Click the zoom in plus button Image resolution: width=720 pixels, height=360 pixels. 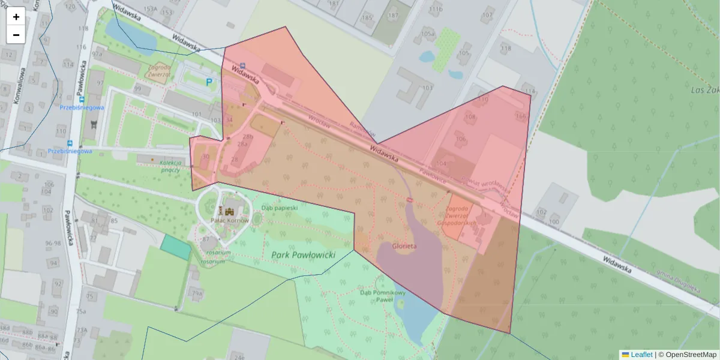[16, 17]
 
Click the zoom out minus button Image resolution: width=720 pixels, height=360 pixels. [16, 35]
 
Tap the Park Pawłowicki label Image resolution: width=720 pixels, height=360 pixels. [311, 255]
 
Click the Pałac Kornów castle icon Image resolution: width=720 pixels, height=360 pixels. [229, 211]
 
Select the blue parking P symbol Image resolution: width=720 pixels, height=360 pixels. [209, 82]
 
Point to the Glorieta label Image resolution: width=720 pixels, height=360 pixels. [404, 245]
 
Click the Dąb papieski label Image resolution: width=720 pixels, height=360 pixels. [280, 208]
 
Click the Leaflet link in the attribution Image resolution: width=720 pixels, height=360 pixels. [641, 355]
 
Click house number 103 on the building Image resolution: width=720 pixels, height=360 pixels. [427, 88]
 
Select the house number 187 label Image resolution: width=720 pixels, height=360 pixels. [393, 15]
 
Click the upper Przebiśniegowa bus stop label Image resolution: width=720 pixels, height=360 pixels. [82, 107]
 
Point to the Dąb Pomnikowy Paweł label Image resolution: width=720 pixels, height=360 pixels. [383, 296]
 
